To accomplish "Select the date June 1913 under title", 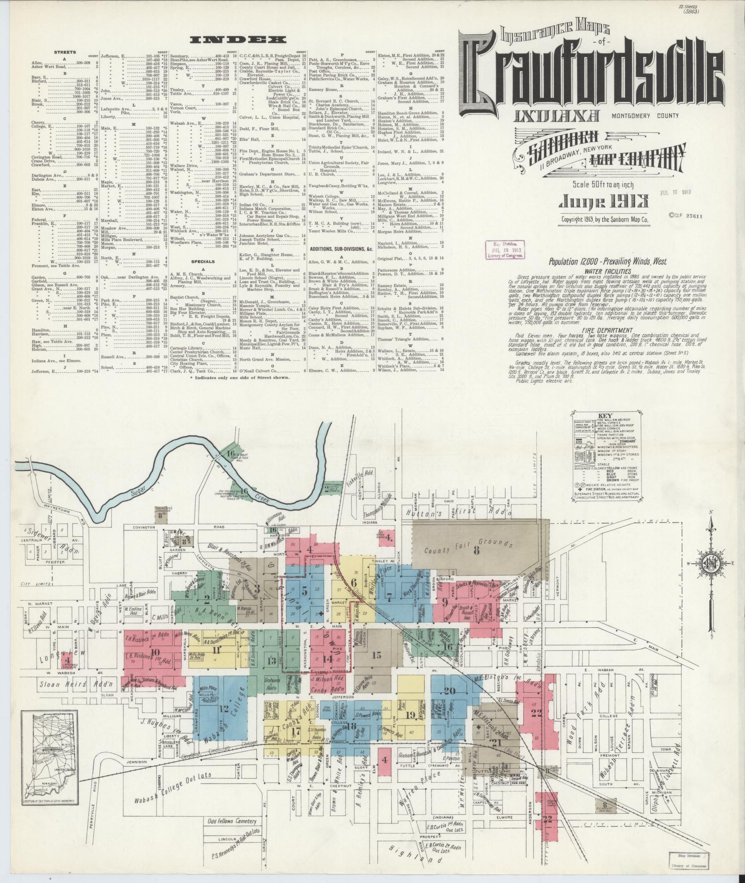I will pyautogui.click(x=604, y=201).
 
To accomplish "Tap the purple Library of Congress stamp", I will pyautogui.click(x=504, y=250).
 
